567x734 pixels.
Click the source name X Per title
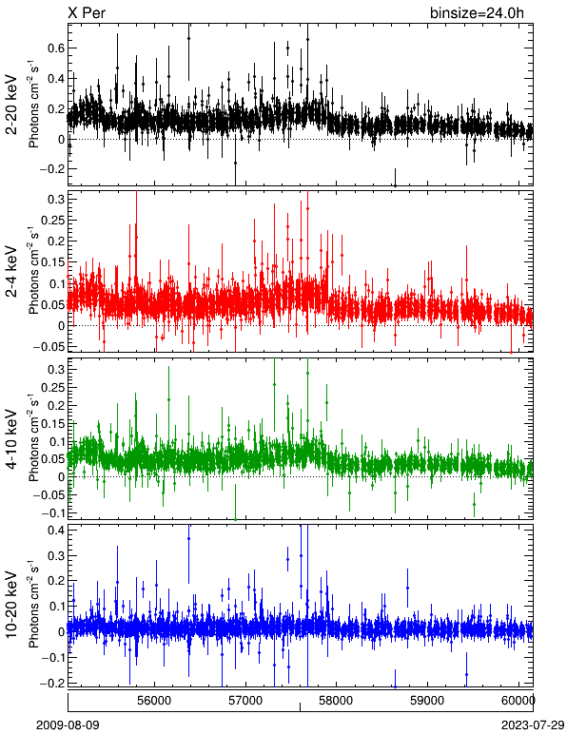(87, 12)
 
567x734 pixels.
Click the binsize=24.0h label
(477, 12)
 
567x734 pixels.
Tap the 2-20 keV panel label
(11, 105)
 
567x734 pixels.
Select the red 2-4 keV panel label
(11, 272)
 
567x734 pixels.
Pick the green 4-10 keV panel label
(11, 439)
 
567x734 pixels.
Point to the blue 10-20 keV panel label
(11, 605)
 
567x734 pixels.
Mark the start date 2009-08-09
(68, 725)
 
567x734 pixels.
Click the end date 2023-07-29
(533, 725)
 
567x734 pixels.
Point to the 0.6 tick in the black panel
(56, 48)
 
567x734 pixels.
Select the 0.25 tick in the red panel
(53, 220)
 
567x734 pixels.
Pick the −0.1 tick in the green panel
(51, 513)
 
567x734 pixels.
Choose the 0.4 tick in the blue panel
(56, 531)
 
